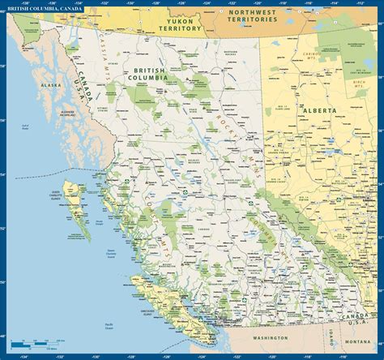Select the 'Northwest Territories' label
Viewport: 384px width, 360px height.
[264, 16]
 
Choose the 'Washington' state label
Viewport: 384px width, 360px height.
[269, 336]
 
